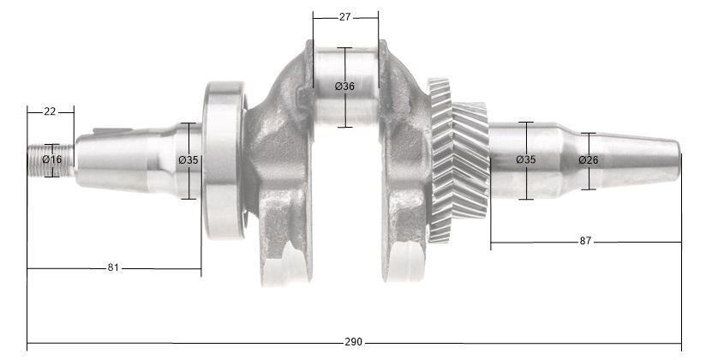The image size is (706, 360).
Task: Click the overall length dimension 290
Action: pos(353,342)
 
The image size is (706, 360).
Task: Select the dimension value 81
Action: pos(113,268)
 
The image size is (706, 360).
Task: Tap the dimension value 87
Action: pos(585,242)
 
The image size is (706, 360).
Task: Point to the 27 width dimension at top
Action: pos(344,16)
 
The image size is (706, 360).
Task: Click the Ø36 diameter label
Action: pos(344,87)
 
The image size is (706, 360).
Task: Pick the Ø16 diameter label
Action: pos(52,160)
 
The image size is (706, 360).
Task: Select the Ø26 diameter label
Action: pos(588,160)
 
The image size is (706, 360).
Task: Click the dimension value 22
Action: pos(50,112)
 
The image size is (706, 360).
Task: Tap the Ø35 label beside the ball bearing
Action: pos(188,160)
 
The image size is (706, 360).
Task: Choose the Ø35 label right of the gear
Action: pos(526,160)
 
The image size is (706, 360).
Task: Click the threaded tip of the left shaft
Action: pos(39,160)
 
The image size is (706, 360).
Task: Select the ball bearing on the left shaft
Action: pos(224,159)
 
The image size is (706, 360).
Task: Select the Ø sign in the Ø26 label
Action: pos(582,160)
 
